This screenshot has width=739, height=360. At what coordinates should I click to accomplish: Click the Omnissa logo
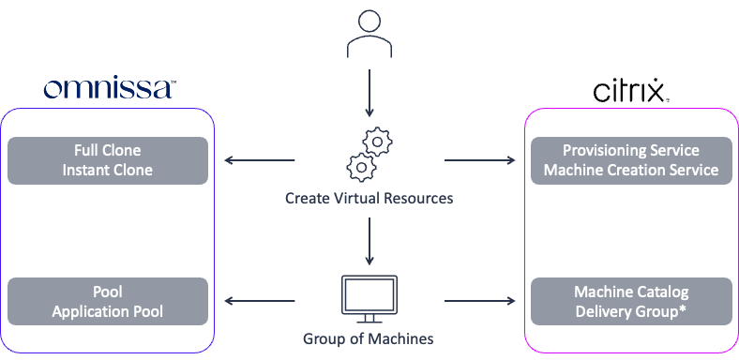pyautogui.click(x=109, y=89)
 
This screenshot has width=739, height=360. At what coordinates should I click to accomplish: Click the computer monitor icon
pyautogui.click(x=369, y=298)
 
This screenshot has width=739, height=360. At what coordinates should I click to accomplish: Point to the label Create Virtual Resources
pyautogui.click(x=369, y=199)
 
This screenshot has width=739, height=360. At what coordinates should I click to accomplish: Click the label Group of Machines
pyautogui.click(x=369, y=337)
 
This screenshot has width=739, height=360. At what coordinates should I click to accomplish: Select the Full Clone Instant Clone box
pyautogui.click(x=108, y=160)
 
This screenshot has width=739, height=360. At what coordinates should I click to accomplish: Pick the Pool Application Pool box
pyautogui.click(x=108, y=302)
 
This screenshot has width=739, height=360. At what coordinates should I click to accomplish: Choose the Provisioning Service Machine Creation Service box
pyautogui.click(x=630, y=160)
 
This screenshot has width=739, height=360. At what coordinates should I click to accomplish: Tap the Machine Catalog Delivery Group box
pyautogui.click(x=630, y=302)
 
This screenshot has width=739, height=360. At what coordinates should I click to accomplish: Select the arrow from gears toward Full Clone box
pyautogui.click(x=260, y=160)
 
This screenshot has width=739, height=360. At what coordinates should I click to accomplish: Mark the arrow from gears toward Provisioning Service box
pyautogui.click(x=479, y=160)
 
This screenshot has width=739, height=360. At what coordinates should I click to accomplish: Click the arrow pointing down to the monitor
pyautogui.click(x=369, y=242)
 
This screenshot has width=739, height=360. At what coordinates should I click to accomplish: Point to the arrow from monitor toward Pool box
pyautogui.click(x=260, y=302)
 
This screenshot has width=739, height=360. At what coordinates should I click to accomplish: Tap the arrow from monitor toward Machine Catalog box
pyautogui.click(x=479, y=302)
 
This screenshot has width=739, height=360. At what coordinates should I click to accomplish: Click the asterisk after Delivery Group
pyautogui.click(x=683, y=309)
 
